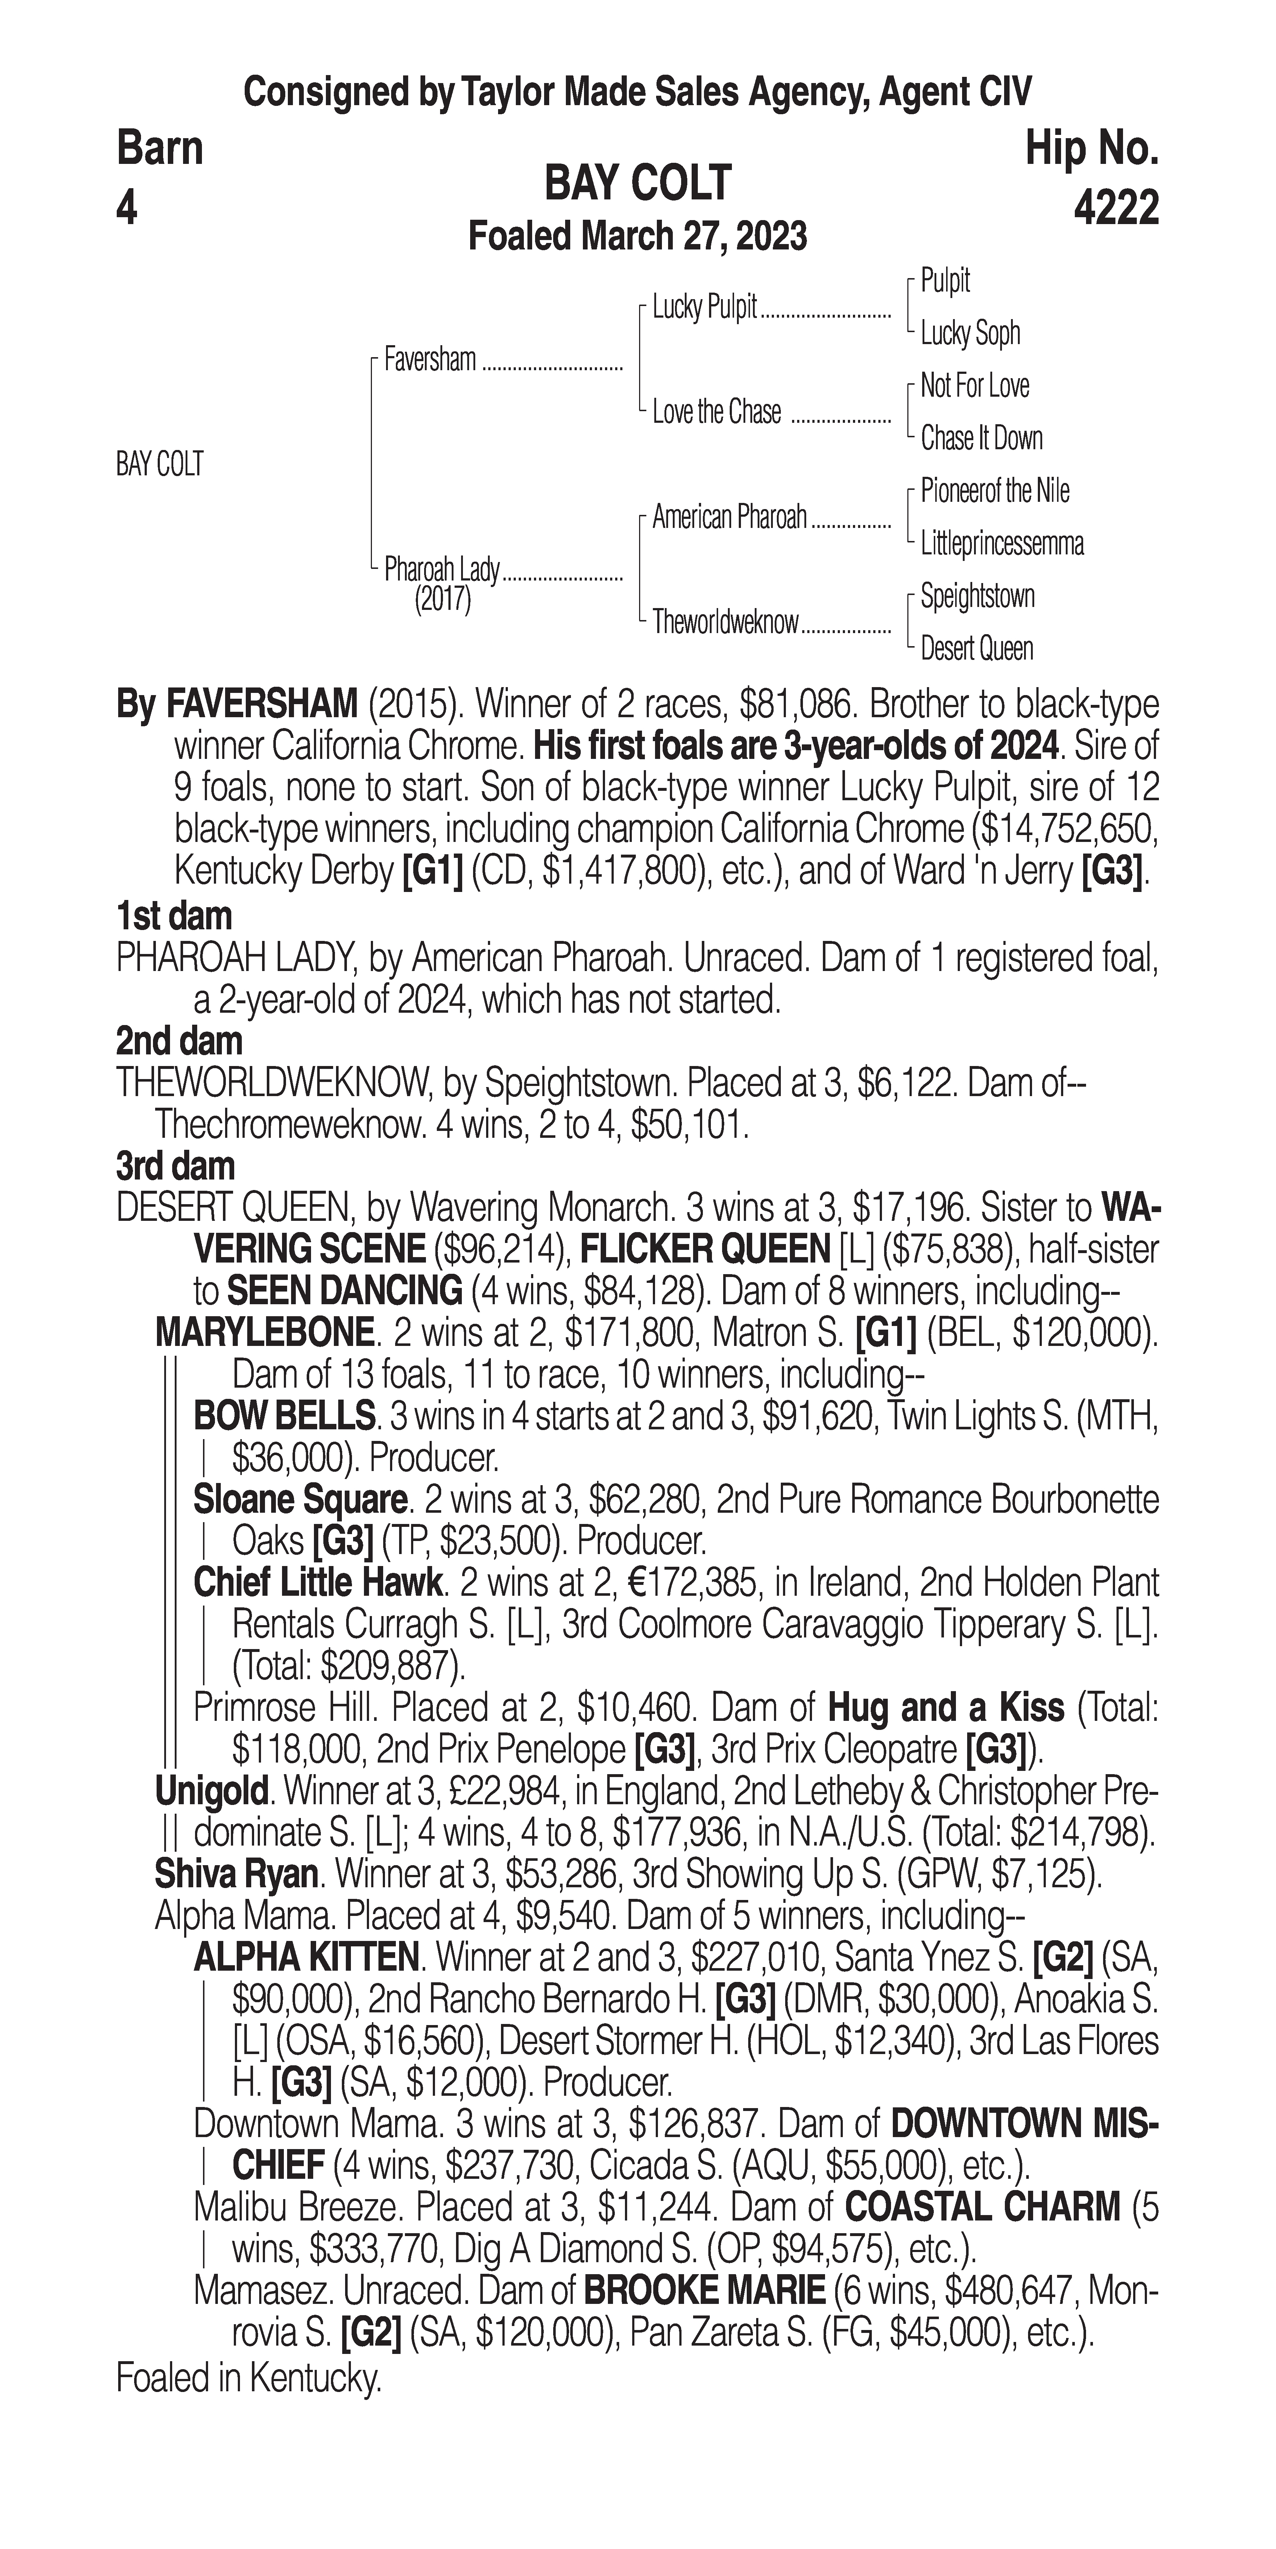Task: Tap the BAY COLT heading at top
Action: (638, 183)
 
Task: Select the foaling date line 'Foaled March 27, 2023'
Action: (638, 236)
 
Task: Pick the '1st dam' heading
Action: (174, 916)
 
